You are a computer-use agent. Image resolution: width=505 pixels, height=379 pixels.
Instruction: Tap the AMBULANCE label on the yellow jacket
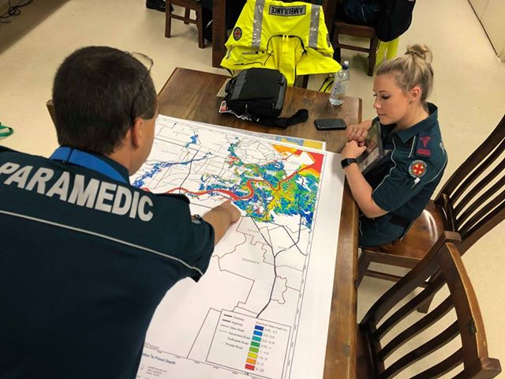click(x=287, y=10)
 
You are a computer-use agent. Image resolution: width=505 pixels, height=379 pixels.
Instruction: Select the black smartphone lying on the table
click(x=330, y=124)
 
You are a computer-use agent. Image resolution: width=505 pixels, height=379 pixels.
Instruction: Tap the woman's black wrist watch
click(x=348, y=163)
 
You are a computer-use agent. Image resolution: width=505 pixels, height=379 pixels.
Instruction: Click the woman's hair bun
click(x=419, y=53)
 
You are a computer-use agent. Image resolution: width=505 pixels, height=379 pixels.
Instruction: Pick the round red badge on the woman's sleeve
click(x=417, y=168)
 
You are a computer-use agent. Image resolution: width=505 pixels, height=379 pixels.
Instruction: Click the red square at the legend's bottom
click(x=250, y=366)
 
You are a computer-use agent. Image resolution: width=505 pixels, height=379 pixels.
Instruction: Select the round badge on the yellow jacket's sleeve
click(x=237, y=33)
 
